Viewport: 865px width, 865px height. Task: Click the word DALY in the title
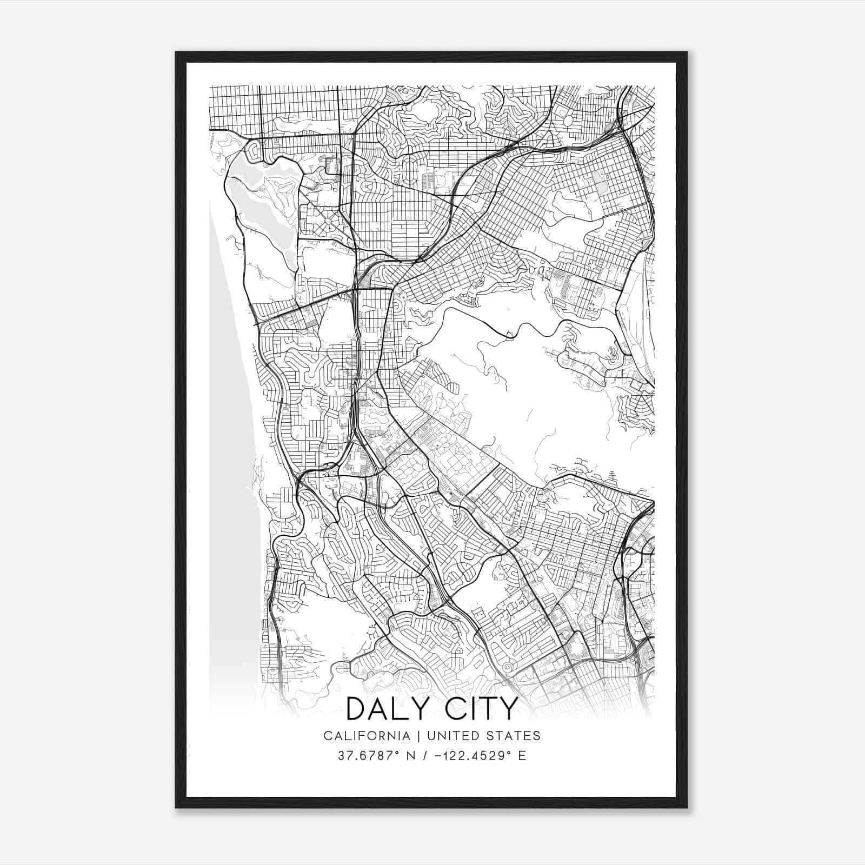point(389,709)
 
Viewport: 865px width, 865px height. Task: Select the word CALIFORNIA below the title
point(367,736)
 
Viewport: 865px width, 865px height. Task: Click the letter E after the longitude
point(522,756)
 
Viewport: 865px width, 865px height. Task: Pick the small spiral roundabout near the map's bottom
point(507,668)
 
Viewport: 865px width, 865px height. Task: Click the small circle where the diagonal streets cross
point(328,220)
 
